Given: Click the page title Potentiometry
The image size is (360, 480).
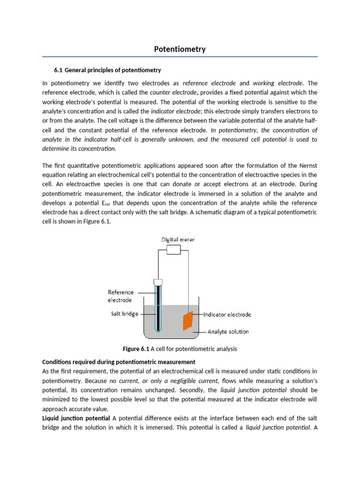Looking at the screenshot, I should click(180, 49).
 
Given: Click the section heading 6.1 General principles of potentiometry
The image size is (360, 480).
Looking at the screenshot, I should click(107, 70).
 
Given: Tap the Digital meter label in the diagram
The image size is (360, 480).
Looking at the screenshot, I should click(178, 240).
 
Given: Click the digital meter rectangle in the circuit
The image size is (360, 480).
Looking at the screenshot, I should click(173, 251).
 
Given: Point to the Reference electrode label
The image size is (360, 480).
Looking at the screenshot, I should click(120, 296).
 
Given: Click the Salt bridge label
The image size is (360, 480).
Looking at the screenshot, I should click(124, 314).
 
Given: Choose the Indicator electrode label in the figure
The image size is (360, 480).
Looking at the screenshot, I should click(228, 315).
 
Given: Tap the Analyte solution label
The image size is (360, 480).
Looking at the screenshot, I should click(228, 331).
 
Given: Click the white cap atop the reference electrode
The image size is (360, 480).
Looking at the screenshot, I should click(158, 282).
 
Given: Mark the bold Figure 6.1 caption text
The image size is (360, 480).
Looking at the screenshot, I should click(135, 349).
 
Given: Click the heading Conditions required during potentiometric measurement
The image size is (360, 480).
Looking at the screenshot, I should click(119, 362).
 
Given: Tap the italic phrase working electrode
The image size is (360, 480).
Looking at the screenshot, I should click(278, 83).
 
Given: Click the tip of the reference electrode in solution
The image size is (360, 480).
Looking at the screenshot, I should click(158, 331).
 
